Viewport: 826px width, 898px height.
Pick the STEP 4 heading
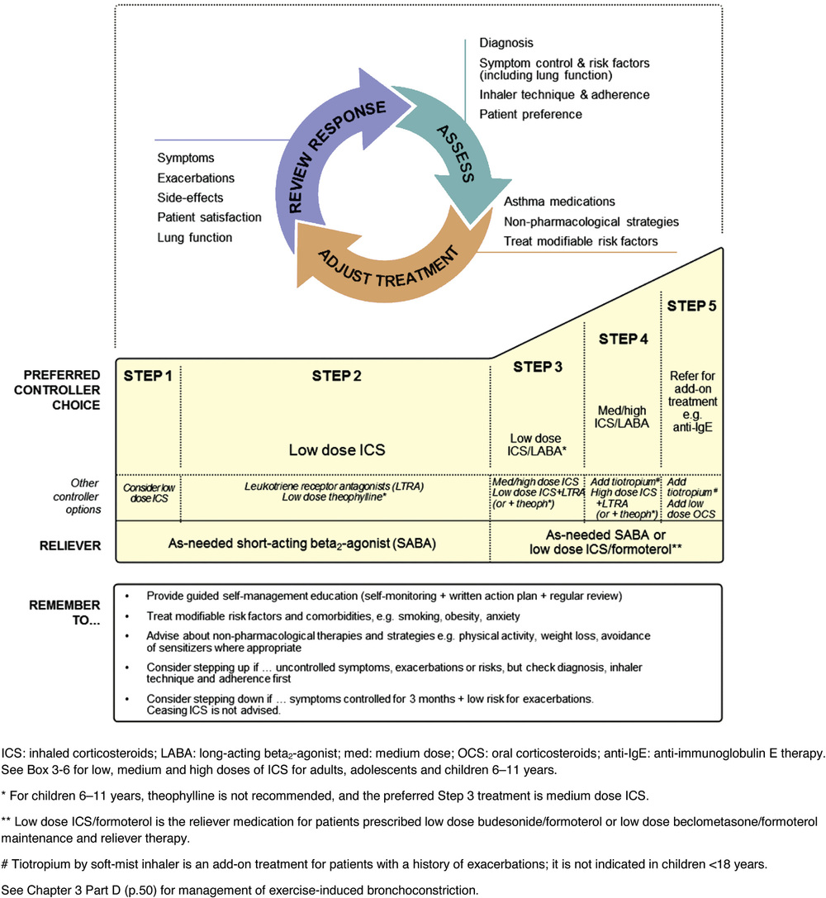coord(622,339)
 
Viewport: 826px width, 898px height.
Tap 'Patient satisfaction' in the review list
coord(209,217)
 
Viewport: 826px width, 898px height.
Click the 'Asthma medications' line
coord(559,202)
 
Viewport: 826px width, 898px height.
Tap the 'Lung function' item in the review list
coord(194,237)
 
